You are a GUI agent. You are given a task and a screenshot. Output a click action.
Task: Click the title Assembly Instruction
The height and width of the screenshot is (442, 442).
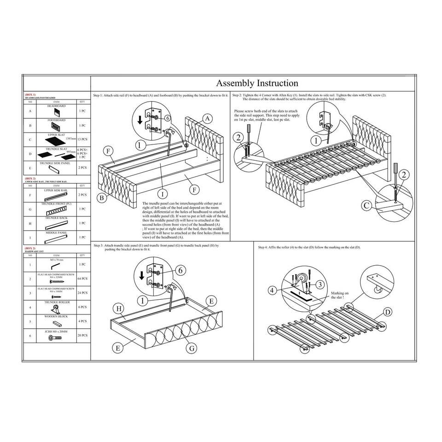coord(257,83)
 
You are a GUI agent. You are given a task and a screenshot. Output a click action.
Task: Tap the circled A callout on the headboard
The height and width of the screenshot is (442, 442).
coord(208,119)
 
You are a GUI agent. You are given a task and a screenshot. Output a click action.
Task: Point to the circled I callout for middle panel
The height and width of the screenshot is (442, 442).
coord(163,193)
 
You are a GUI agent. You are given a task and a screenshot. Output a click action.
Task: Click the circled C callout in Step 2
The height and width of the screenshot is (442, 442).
coord(366,205)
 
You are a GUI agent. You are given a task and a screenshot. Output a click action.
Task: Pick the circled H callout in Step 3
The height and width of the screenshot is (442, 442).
coord(118,308)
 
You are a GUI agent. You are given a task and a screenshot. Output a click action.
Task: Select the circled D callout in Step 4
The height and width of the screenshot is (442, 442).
coord(388,313)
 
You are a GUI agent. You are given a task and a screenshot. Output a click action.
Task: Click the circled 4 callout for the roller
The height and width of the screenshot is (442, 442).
coord(272,290)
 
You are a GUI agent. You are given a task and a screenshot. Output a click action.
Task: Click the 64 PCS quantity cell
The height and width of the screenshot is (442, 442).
coord(82,279)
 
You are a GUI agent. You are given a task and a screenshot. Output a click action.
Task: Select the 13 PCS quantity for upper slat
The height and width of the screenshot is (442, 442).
coord(82,139)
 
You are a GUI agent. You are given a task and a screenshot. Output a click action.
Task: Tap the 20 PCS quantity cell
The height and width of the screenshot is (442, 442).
coord(82,335)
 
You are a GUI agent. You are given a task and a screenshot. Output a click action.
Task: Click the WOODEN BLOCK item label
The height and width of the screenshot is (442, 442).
coord(56,317)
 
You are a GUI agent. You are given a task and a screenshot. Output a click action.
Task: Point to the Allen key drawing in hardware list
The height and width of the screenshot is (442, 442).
coord(55,266)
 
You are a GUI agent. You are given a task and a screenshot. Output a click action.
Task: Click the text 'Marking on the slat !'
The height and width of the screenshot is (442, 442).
coord(340,295)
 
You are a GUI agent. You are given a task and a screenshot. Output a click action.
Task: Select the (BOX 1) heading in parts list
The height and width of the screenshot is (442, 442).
coord(30,94)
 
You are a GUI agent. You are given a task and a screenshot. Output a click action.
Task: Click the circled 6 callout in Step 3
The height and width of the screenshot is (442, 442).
coord(180,271)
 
